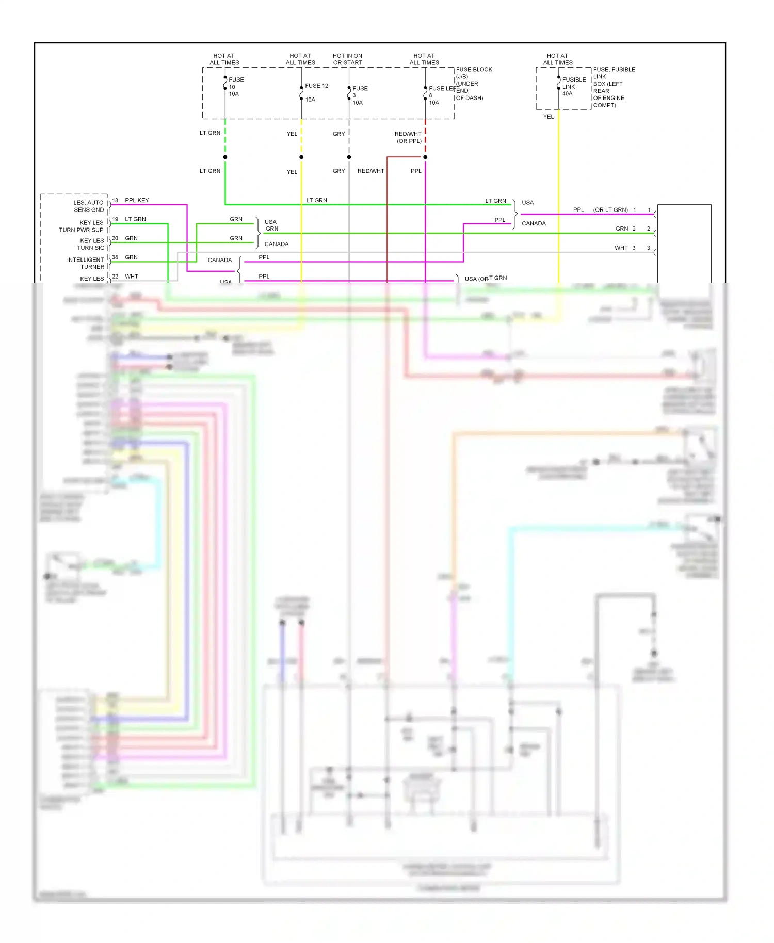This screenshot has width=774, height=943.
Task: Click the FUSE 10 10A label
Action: pos(236,87)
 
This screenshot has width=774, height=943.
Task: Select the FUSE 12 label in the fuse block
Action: pos(316,86)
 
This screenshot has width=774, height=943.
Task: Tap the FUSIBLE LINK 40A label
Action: pos(573,87)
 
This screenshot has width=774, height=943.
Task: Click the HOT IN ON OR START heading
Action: pos(347,59)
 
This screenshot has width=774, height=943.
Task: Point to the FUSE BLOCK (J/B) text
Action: pos(473,73)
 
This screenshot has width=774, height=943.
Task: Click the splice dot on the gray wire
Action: pos(349,157)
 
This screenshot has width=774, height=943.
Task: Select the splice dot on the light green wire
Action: pos(225,157)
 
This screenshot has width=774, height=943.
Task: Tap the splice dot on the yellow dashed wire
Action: pos(301,157)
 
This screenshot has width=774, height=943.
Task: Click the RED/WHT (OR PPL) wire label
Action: pos(408,137)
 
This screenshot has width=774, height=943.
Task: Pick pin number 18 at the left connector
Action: pos(115,200)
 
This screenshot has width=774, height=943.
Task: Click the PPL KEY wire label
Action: pos(137,200)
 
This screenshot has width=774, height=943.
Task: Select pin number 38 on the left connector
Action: pos(115,257)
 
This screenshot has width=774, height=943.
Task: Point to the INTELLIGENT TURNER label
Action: pos(86,263)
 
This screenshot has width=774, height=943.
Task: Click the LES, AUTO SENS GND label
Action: pos(88,206)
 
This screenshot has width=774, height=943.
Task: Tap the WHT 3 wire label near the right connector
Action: pos(624,248)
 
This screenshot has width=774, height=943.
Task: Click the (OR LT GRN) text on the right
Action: pos(610,210)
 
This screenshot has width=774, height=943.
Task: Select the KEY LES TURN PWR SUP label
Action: pos(82,226)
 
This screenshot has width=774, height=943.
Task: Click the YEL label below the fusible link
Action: pos(548,117)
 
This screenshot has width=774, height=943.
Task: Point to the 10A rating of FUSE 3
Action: pos(358,103)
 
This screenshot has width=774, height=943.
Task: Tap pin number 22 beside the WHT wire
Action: pos(115,276)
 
